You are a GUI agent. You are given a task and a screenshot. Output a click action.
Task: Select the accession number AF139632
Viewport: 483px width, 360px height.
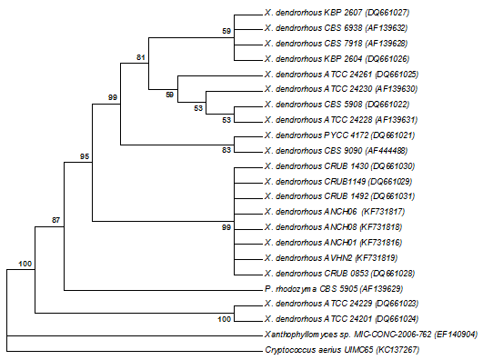pyautogui.click(x=387, y=28)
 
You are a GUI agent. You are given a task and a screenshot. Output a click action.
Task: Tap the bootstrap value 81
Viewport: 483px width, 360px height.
pyautogui.click(x=141, y=57)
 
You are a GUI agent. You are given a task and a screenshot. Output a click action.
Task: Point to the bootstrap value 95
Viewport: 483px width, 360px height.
pyautogui.click(x=85, y=156)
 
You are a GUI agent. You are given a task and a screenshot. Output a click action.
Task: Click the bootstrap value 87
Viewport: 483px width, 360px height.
pyautogui.click(x=55, y=220)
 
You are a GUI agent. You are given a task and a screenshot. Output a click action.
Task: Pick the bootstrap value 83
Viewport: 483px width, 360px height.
pyautogui.click(x=226, y=150)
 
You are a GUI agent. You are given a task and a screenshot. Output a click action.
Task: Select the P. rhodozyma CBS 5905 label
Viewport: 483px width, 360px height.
pyautogui.click(x=334, y=289)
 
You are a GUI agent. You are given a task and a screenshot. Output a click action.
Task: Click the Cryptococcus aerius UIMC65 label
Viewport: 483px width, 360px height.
pyautogui.click(x=342, y=350)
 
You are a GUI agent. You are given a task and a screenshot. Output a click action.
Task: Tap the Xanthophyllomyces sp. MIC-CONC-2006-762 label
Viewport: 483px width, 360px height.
pyautogui.click(x=371, y=335)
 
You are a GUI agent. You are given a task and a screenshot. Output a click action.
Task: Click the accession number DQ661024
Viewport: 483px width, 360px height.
pyautogui.click(x=397, y=319)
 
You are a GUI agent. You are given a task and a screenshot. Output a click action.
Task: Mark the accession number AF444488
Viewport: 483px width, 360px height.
pyautogui.click(x=387, y=151)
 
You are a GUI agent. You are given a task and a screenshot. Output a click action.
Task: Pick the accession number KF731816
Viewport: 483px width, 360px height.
pyautogui.click(x=381, y=243)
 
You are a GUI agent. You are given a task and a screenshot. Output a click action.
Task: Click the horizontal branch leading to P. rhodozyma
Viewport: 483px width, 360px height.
pyautogui.click(x=163, y=290)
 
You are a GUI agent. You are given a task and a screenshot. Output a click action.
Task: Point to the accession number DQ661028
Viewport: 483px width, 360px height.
pyautogui.click(x=393, y=273)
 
